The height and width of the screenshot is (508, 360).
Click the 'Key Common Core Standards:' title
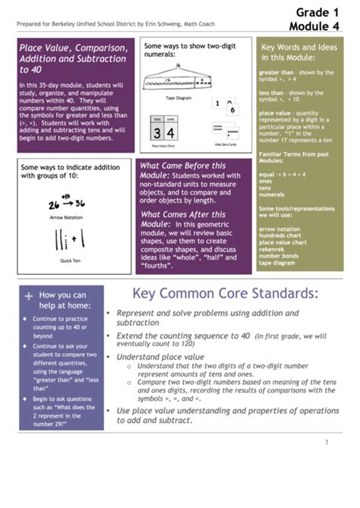(x=225, y=294)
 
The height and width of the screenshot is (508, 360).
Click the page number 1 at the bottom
(x=326, y=443)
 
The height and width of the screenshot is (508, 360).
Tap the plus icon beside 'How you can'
(x=29, y=295)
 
